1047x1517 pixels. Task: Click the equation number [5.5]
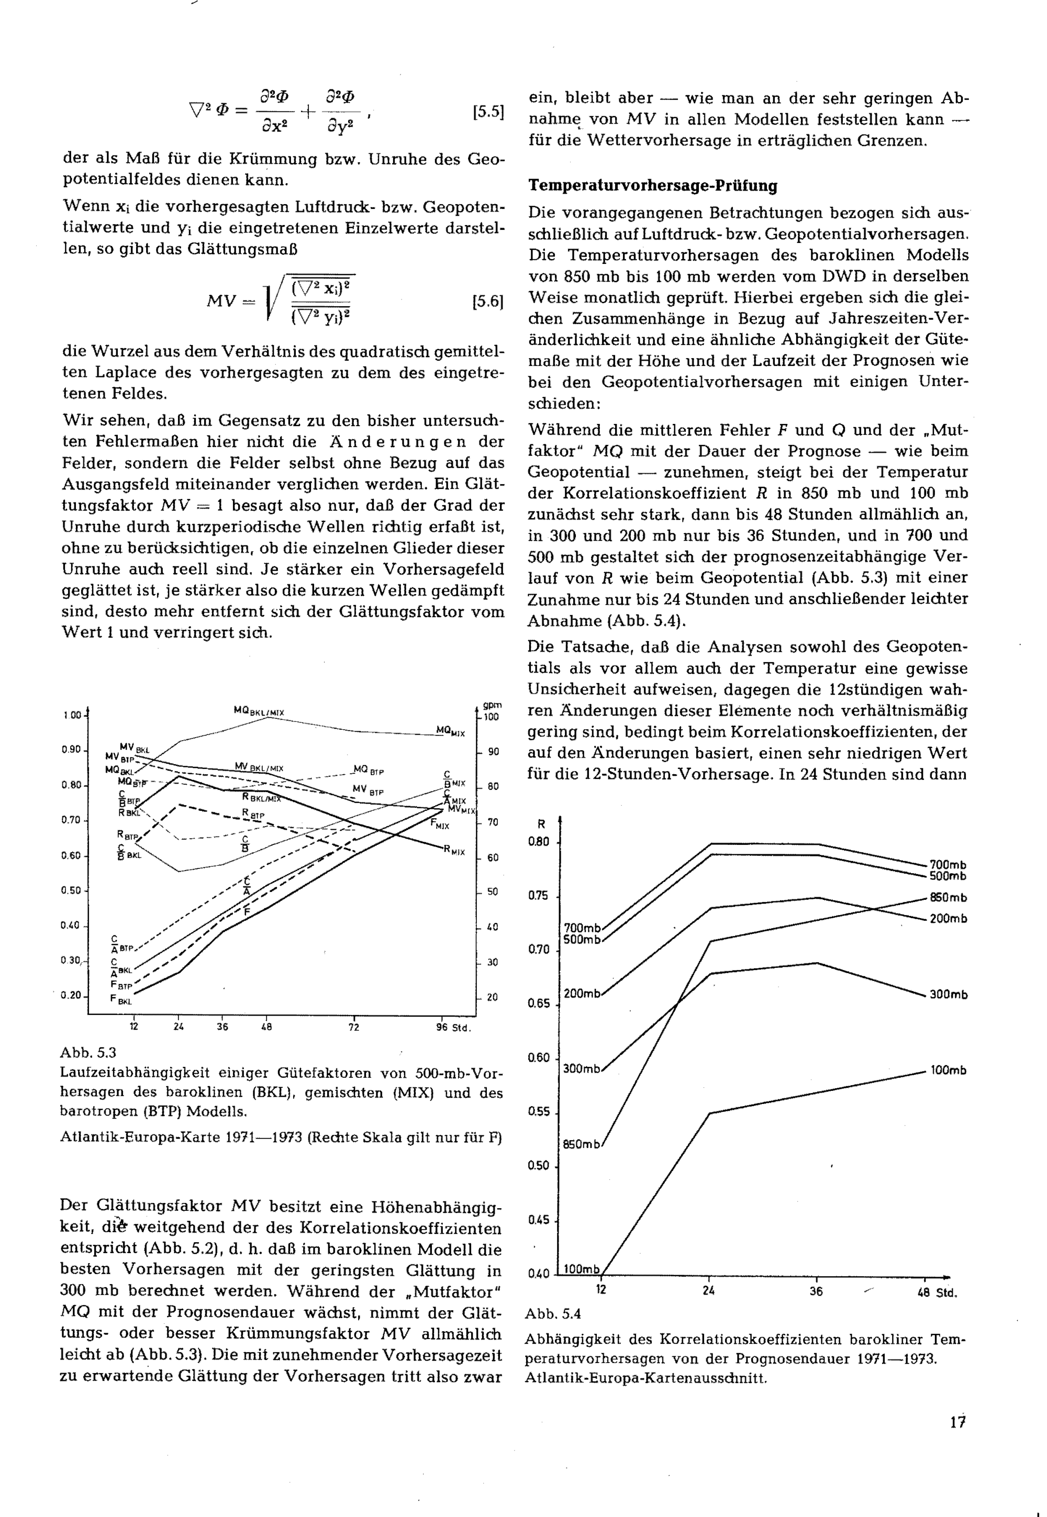point(487,112)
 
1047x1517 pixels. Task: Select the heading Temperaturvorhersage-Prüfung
point(653,186)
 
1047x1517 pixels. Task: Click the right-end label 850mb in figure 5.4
point(948,898)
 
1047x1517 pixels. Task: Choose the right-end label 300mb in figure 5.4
point(948,995)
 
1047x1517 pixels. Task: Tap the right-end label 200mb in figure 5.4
point(948,919)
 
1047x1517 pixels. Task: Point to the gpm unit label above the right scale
point(492,705)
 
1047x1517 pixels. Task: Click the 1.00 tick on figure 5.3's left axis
point(72,715)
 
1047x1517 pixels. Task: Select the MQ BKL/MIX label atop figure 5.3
point(259,710)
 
